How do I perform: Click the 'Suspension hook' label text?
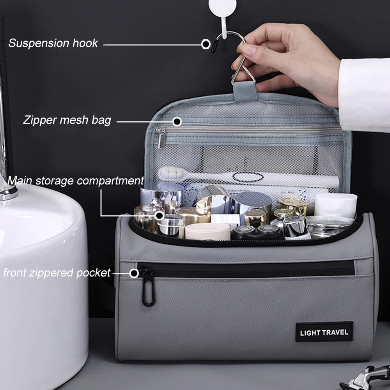53,43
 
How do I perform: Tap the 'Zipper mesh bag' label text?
67,121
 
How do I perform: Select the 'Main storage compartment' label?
76,181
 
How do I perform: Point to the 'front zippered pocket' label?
57,273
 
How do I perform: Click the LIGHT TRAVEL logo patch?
324,332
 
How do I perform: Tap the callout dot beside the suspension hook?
206,44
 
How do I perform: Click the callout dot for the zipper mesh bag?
177,122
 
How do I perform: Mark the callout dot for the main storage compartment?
159,215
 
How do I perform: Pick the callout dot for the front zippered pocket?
134,273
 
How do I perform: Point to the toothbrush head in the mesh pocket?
172,174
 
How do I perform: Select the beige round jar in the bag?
208,232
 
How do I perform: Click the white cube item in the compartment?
335,206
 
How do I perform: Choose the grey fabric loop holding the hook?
245,91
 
